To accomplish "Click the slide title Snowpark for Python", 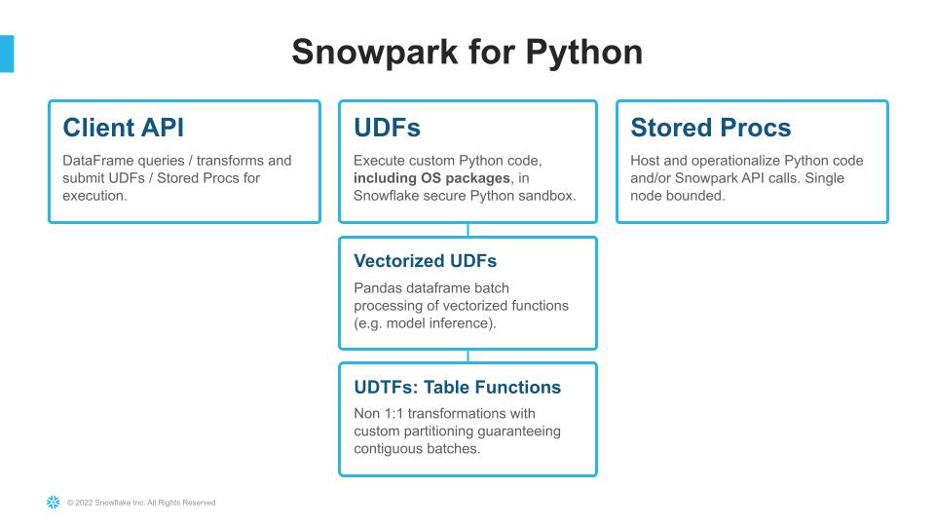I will click(467, 52).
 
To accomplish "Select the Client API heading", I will click(123, 128).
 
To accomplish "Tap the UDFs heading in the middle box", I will click(387, 128).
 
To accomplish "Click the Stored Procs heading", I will click(711, 128).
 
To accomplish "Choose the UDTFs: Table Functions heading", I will click(457, 387).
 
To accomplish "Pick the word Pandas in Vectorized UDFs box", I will click(378, 288).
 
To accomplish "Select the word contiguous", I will click(388, 448).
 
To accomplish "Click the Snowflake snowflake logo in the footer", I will click(54, 503).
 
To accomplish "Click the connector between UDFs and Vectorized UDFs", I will click(467, 230).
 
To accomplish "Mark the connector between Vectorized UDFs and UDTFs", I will click(467, 356).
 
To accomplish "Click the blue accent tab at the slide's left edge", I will click(7, 54).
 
